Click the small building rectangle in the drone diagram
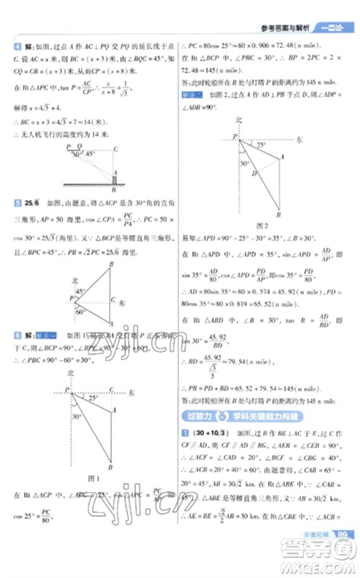(x=115, y=178)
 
